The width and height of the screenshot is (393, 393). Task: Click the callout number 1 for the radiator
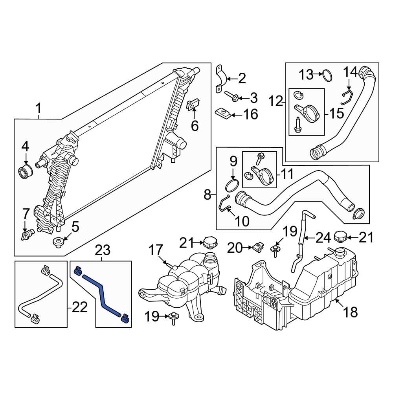click(38, 107)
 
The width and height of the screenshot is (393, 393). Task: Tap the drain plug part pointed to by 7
click(26, 235)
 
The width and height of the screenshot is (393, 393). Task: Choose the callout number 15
click(336, 114)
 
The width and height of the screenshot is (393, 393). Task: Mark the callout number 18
click(350, 312)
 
